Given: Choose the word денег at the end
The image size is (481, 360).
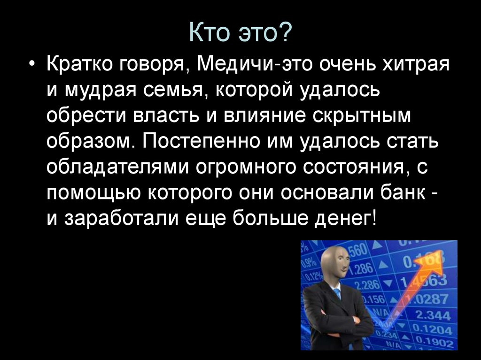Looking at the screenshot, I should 347,218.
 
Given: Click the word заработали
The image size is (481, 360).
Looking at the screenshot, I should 120,218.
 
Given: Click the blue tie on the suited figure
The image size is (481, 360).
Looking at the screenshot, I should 337,294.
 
